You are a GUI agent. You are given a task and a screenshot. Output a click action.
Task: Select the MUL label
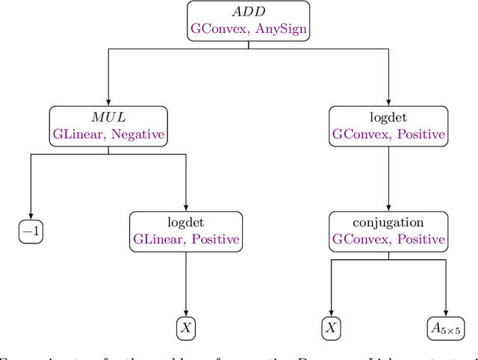click(108, 118)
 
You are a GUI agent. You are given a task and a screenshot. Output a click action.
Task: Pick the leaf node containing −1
click(31, 232)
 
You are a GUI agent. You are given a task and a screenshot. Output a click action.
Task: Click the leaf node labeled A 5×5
click(446, 327)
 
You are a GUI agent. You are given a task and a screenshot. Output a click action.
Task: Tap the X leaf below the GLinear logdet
click(185, 327)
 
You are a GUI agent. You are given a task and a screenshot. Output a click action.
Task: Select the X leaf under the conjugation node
click(330, 327)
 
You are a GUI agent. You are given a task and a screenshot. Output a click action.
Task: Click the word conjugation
click(388, 223)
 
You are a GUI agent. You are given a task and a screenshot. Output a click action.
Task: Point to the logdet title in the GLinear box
click(185, 223)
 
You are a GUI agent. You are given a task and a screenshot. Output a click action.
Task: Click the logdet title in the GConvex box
click(388, 118)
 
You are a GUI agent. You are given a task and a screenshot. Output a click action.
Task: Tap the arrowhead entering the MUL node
click(108, 102)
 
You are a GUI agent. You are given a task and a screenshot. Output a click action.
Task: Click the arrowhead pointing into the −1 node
click(31, 217)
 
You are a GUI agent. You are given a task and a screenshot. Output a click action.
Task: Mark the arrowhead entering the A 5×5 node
click(446, 312)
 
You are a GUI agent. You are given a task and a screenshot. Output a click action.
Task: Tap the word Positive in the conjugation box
click(421, 240)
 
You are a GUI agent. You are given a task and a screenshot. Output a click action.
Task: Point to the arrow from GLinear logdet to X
click(185, 284)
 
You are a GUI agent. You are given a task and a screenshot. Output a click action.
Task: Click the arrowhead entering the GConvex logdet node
click(388, 102)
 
